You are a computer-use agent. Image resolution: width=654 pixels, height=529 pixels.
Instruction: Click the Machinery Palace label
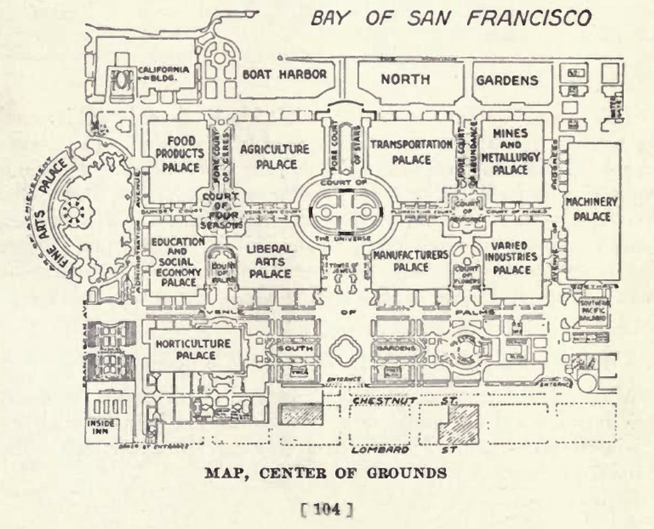click(591, 209)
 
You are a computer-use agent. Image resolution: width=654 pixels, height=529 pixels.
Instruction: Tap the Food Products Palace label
click(180, 154)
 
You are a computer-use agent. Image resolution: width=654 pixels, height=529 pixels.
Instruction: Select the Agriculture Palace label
click(275, 157)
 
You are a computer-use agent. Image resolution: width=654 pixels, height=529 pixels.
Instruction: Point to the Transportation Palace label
click(411, 152)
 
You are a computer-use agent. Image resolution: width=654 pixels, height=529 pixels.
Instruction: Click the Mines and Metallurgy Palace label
click(511, 151)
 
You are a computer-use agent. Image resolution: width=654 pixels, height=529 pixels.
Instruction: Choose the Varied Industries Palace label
click(511, 258)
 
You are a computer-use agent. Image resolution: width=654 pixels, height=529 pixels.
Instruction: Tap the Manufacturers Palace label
click(411, 261)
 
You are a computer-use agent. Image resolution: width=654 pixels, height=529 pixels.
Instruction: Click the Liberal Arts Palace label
click(270, 261)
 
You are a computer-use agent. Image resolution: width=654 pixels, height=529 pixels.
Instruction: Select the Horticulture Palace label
click(194, 349)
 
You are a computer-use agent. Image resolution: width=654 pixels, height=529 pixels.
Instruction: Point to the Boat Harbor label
click(285, 74)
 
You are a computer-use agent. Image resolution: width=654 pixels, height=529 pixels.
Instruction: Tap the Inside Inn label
click(100, 427)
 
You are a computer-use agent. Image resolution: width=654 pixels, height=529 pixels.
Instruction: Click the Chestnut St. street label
click(404, 400)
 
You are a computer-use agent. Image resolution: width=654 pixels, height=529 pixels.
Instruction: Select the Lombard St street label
click(404, 450)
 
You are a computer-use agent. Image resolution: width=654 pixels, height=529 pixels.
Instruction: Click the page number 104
click(327, 509)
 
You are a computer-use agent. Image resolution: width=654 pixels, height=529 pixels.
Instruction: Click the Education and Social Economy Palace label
click(178, 261)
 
